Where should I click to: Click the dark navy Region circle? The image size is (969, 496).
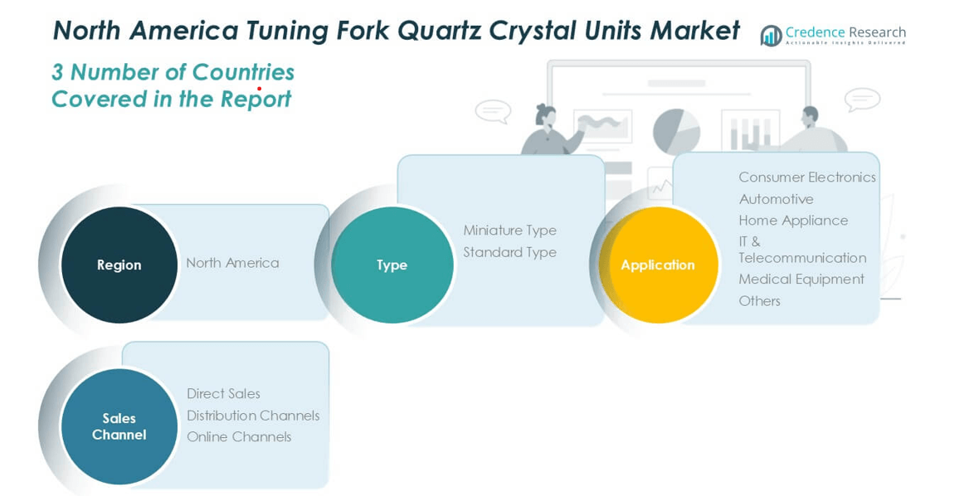(x=119, y=265)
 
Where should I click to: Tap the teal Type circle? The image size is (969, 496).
(x=392, y=265)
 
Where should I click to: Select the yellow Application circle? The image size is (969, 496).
(x=658, y=265)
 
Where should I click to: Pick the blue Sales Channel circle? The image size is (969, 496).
(x=119, y=426)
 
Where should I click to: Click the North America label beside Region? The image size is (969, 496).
(x=232, y=263)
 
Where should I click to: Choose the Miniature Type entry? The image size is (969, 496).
(x=509, y=231)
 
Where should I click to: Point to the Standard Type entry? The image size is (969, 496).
(x=509, y=252)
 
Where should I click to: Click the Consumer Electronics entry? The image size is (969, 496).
(x=806, y=177)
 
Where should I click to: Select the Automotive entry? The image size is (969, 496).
(x=776, y=199)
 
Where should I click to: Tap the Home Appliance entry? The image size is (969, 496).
(x=793, y=221)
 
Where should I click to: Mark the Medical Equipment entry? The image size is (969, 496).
(x=801, y=280)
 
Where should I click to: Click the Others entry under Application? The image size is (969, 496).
(x=759, y=301)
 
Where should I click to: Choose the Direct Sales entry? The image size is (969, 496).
(x=223, y=394)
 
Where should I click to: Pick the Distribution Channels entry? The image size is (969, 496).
(x=253, y=416)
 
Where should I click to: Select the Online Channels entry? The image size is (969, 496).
(x=239, y=437)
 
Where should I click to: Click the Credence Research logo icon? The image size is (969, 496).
(x=772, y=36)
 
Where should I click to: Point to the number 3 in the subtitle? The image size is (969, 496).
(x=57, y=73)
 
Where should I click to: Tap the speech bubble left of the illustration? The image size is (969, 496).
(x=493, y=110)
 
